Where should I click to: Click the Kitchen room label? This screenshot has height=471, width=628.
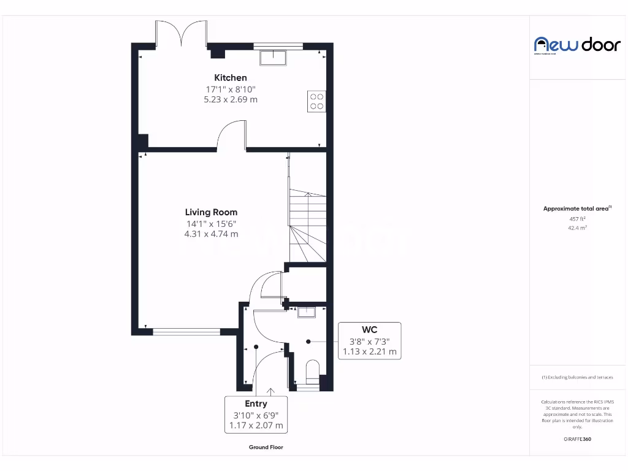click(231, 78)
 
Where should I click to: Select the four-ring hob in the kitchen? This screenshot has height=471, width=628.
click(316, 101)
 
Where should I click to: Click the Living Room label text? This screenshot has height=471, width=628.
click(212, 213)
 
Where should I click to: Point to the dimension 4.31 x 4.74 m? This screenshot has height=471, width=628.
click(212, 234)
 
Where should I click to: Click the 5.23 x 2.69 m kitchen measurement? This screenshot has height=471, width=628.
click(231, 99)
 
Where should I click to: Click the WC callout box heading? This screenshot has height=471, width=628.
click(370, 330)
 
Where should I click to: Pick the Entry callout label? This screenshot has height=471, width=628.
click(256, 404)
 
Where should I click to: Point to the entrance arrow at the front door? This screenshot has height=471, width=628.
click(270, 391)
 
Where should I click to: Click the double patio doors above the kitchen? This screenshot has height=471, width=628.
click(180, 34)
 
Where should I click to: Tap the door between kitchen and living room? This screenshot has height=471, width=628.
click(232, 136)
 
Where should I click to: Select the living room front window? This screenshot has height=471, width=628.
click(186, 332)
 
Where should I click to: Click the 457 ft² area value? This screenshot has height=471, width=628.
click(577, 218)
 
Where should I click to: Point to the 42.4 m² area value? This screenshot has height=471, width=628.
click(577, 228)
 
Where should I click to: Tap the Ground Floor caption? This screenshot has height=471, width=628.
click(266, 448)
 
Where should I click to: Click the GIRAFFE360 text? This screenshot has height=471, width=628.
click(577, 439)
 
